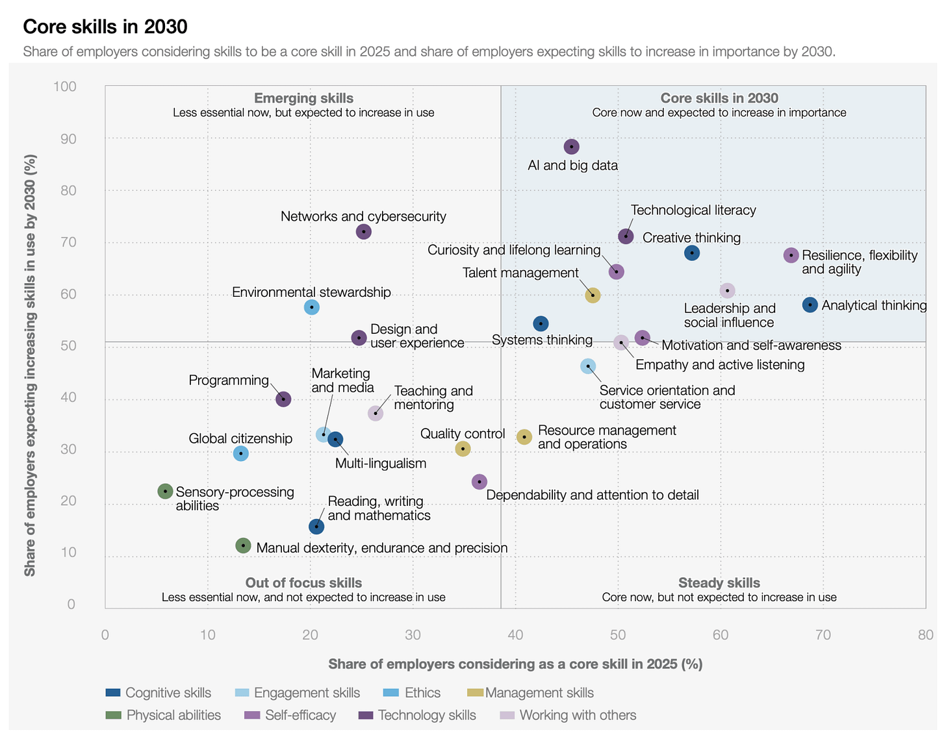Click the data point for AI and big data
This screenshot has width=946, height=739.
click(x=571, y=147)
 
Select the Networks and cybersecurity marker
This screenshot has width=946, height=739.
click(x=364, y=232)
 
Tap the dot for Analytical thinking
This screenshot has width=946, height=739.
click(x=810, y=305)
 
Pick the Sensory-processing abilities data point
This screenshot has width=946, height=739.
click(x=165, y=492)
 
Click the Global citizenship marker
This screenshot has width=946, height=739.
click(x=240, y=453)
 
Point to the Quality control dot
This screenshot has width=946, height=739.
click(x=463, y=449)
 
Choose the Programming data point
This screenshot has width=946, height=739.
click(x=283, y=399)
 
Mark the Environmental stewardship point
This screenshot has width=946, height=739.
click(x=311, y=307)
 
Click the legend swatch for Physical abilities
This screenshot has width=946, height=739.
click(x=113, y=715)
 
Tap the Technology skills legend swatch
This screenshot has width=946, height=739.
click(x=366, y=715)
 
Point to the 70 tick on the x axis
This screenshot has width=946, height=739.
click(x=823, y=634)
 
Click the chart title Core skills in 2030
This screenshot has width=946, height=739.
click(x=105, y=27)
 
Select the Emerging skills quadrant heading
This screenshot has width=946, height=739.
click(x=303, y=98)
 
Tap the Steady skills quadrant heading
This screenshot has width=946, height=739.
click(x=719, y=582)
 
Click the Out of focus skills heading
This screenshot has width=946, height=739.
click(x=303, y=582)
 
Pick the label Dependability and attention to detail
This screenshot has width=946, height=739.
click(x=592, y=495)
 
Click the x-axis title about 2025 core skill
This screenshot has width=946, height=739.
click(x=515, y=664)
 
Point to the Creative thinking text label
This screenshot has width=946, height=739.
click(x=691, y=238)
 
